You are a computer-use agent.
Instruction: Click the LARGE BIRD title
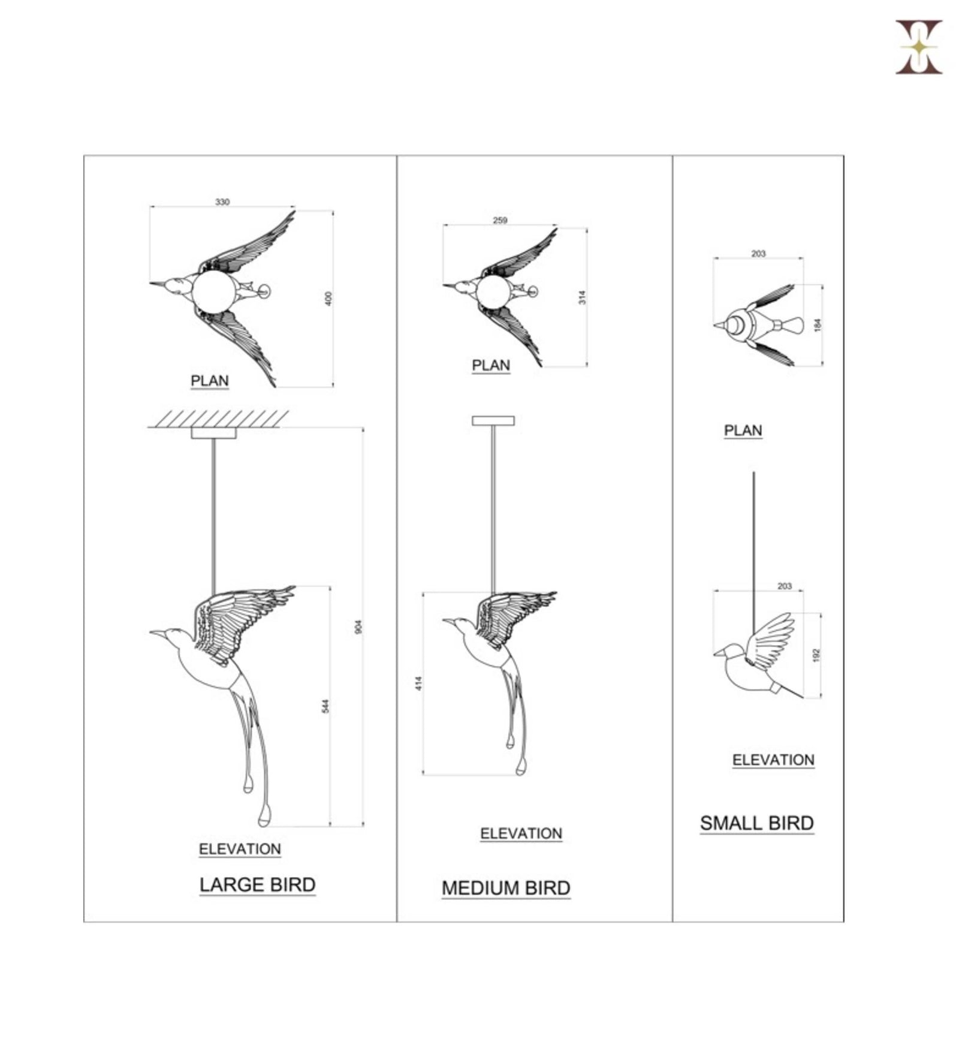point(257,885)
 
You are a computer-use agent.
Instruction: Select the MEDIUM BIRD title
point(506,888)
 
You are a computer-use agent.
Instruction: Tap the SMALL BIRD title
point(757,823)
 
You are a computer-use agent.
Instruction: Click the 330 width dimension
point(222,202)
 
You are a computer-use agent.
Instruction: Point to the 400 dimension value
point(328,299)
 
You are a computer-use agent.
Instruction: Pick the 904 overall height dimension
point(358,627)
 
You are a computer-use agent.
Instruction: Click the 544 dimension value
point(325,706)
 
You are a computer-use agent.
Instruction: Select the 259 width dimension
point(500,220)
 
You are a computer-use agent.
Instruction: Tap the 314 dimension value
point(581,297)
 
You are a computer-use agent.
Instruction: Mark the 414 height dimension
point(418,683)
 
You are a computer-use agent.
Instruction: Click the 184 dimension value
point(817,326)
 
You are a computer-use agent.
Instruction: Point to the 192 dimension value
point(815,655)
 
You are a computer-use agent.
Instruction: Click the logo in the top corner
point(919,47)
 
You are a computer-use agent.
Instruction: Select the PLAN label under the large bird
point(210,381)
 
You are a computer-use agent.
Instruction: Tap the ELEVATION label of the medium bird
point(521,834)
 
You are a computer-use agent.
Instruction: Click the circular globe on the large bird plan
point(214,291)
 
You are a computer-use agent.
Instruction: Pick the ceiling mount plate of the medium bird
point(493,421)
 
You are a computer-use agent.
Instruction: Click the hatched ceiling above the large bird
point(218,419)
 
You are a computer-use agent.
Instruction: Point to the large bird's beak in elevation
point(158,633)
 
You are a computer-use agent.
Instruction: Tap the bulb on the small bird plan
point(791,326)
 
